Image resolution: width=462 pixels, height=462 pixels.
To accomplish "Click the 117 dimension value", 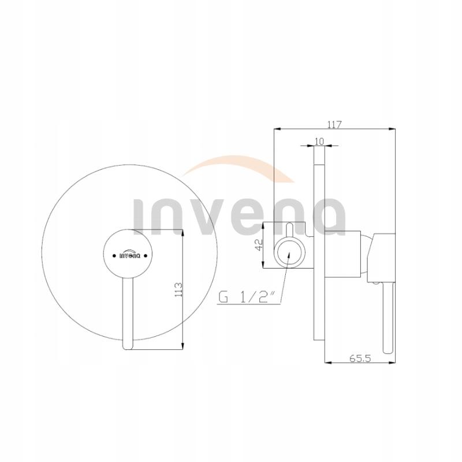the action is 334,125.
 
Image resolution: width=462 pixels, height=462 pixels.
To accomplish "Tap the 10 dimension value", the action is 319,141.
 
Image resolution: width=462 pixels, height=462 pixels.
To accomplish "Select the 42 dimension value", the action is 258,245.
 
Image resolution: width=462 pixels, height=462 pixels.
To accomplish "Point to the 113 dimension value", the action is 178,289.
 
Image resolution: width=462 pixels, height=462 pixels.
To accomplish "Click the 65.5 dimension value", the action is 360,359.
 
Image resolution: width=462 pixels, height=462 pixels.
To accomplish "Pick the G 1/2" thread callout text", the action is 247,297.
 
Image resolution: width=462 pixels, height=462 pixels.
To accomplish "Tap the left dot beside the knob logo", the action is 114,256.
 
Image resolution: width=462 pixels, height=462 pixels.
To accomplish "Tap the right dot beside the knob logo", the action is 146,256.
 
